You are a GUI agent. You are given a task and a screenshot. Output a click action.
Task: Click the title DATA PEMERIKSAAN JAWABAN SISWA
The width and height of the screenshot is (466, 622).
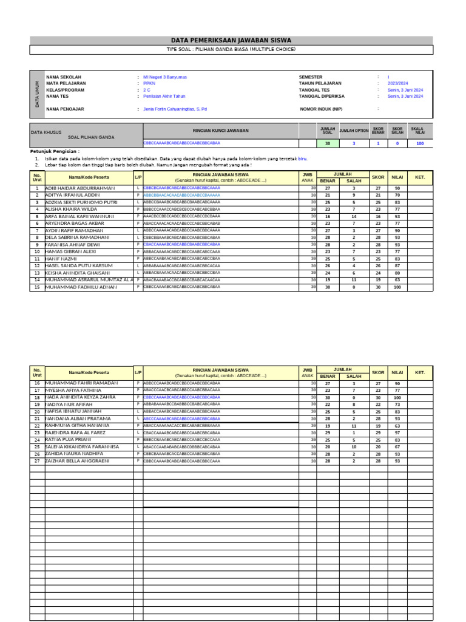click(x=231, y=40)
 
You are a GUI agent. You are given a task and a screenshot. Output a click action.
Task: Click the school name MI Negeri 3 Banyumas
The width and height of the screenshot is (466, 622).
click(x=164, y=77)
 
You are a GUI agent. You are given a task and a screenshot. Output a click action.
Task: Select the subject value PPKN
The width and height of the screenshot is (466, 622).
click(x=149, y=83)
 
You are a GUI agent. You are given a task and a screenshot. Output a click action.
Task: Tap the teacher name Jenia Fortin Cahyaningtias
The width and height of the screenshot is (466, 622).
click(x=175, y=109)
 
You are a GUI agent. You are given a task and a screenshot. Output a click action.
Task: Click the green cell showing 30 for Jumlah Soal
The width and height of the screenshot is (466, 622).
click(x=328, y=143)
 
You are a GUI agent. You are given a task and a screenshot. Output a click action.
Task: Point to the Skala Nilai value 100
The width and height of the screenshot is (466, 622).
click(x=419, y=143)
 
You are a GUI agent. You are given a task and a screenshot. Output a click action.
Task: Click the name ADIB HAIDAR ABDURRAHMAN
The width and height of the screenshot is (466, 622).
click(x=79, y=188)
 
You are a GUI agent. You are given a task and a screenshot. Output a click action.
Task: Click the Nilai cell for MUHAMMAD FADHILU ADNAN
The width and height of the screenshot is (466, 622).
click(x=397, y=287)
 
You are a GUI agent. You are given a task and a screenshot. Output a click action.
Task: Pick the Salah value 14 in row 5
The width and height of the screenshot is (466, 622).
click(x=354, y=216)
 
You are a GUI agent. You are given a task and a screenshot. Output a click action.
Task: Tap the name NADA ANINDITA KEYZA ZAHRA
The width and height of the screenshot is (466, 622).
click(x=80, y=397)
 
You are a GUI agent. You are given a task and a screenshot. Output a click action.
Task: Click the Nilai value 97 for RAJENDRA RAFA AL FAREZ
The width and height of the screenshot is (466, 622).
click(x=397, y=432)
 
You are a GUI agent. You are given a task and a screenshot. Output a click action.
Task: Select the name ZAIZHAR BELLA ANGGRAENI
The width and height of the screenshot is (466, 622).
click(x=78, y=461)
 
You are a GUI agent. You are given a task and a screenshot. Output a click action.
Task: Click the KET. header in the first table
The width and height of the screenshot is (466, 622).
click(x=420, y=177)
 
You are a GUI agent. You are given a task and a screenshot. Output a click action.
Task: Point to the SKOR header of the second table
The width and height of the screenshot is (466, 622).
click(x=378, y=372)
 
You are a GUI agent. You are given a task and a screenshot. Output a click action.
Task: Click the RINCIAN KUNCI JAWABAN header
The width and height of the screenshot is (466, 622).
click(x=220, y=131)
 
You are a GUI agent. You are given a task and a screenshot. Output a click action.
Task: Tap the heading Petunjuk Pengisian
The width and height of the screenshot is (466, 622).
click(x=55, y=151)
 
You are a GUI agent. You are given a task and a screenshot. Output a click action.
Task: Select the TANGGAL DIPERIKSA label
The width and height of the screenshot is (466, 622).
click(x=322, y=96)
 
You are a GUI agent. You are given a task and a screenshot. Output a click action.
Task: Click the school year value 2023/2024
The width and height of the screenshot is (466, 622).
click(x=397, y=83)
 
